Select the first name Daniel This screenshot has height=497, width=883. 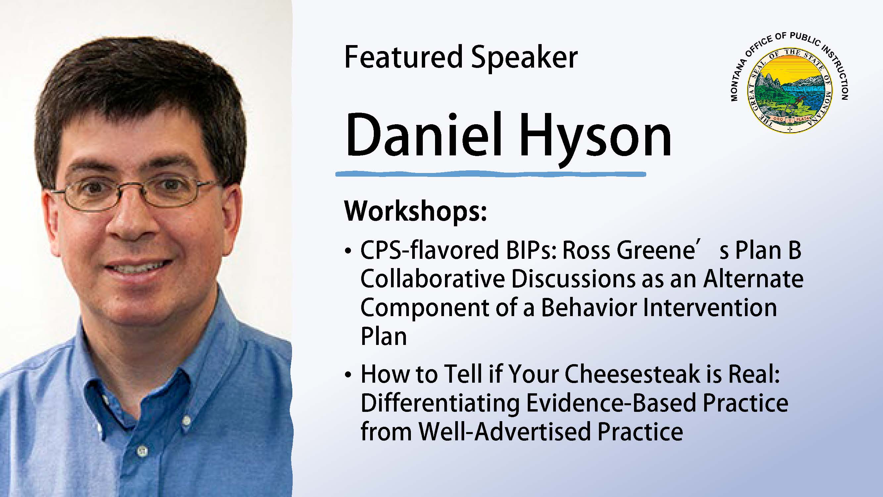coord(424,135)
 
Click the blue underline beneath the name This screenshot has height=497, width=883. coord(491,174)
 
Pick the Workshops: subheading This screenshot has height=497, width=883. coord(416,211)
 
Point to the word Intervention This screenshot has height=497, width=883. coord(710,308)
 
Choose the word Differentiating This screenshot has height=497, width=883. coord(440,404)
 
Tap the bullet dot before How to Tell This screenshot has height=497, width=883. coord(348,375)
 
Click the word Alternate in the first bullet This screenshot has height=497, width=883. coord(754,279)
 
